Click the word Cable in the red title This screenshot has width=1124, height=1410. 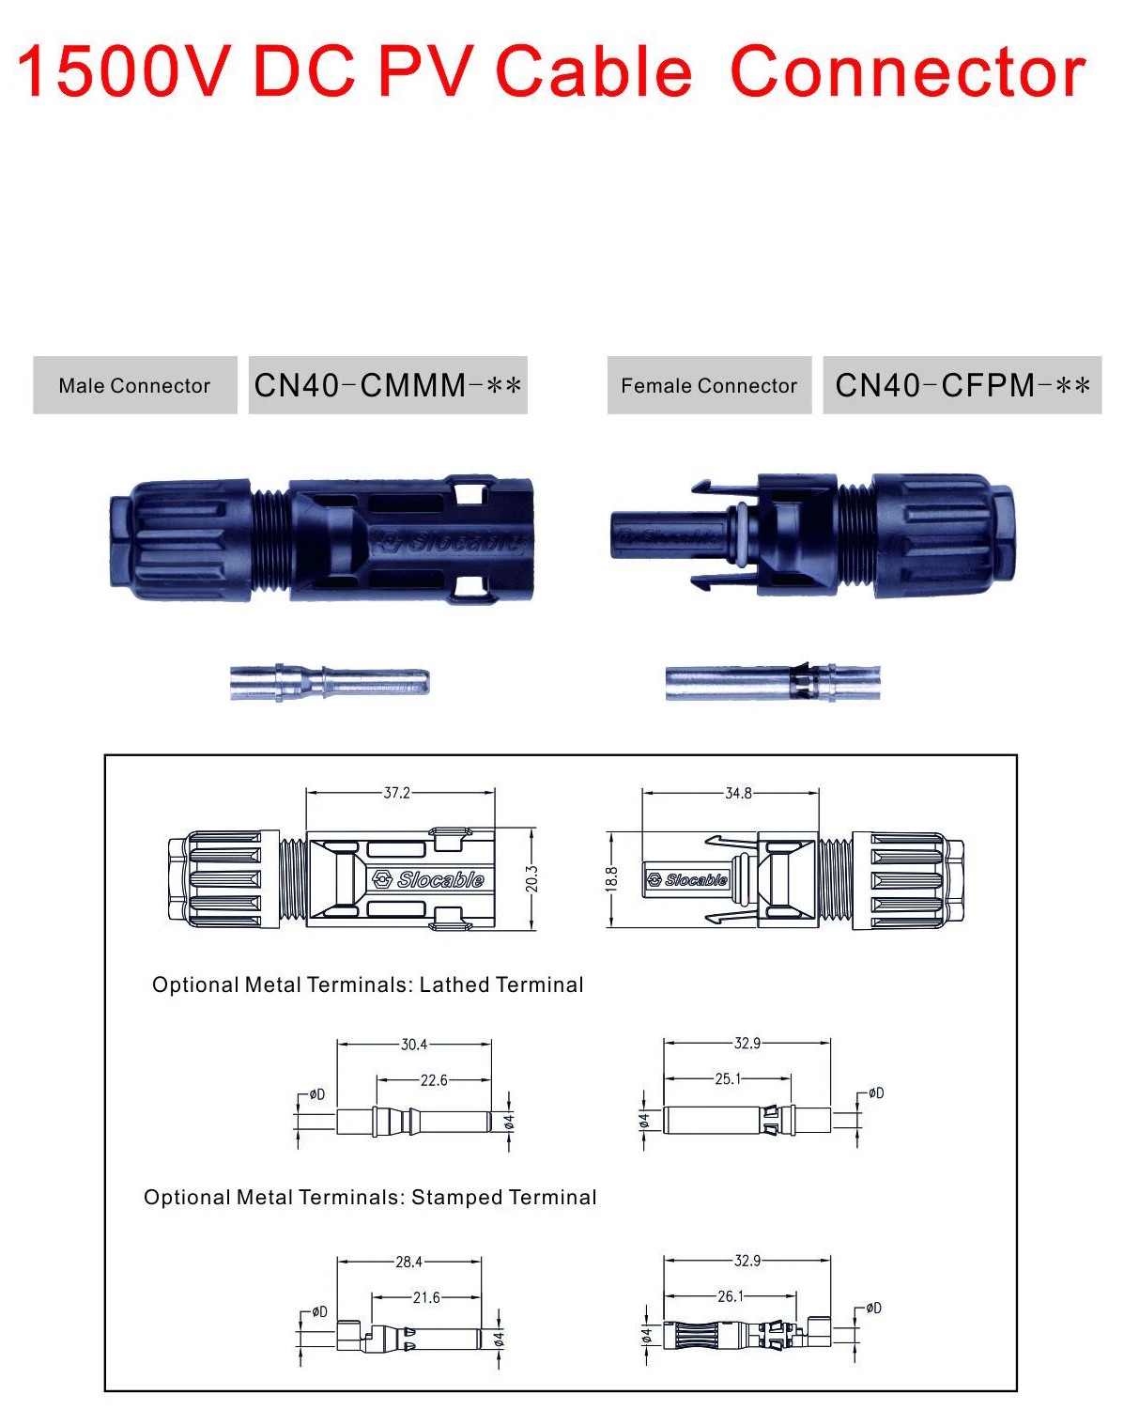coord(593,72)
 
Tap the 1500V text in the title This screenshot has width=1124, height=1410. coord(122,72)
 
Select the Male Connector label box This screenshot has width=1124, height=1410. coord(134,385)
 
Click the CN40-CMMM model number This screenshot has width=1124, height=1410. coord(388,385)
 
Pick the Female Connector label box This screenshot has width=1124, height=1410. coord(709,385)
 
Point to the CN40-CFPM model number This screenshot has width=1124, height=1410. coord(962,385)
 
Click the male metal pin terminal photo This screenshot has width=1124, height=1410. coord(330,681)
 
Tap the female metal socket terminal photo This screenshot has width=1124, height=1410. coord(773,682)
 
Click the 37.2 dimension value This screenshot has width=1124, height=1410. coord(397,793)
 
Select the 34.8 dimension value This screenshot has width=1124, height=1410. coord(738,793)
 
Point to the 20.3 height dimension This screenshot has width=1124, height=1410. coord(531,879)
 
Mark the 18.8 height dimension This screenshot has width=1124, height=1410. coord(611,879)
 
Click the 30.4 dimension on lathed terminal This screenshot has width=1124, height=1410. coord(414,1044)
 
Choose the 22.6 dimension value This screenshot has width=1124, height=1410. coord(434,1080)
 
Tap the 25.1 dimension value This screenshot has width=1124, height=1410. coord(728,1078)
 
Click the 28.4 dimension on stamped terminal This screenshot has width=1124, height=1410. coord(408,1262)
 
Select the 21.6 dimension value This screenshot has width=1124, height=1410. coord(426,1297)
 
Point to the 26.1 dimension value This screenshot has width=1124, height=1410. coord(731,1296)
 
